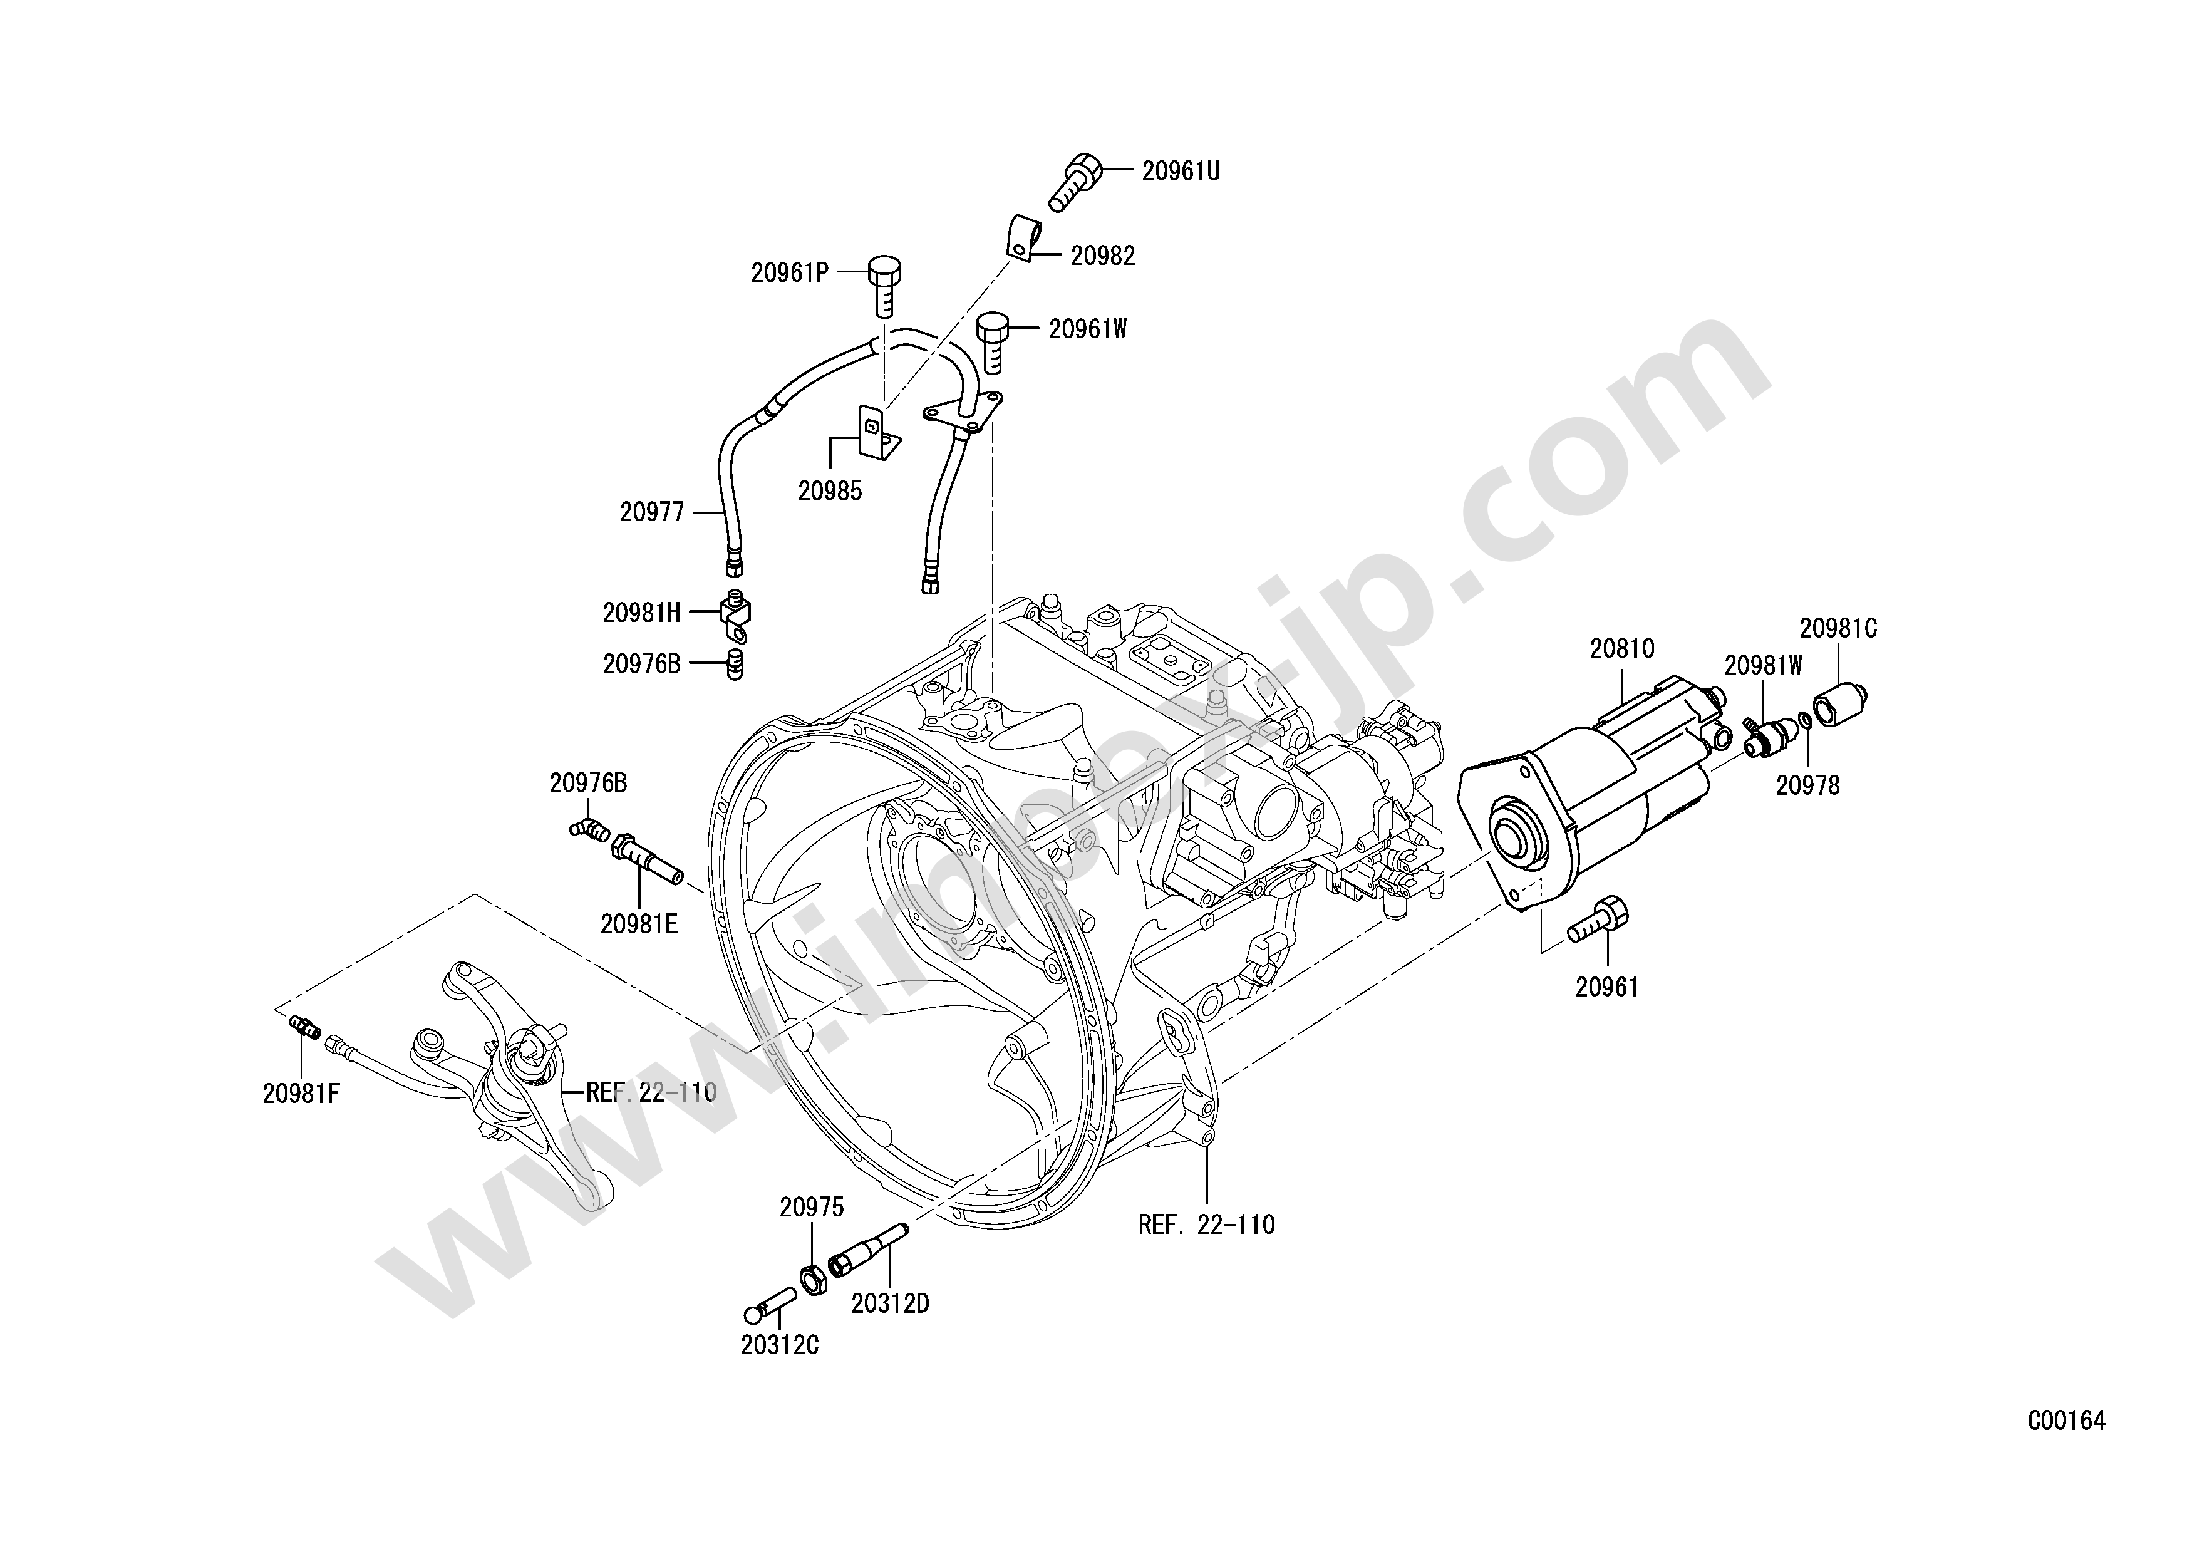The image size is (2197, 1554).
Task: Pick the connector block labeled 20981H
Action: (735, 614)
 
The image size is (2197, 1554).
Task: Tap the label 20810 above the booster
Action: (1622, 649)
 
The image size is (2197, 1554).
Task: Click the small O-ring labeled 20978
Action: (1803, 720)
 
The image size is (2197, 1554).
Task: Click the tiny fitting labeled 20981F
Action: (304, 1028)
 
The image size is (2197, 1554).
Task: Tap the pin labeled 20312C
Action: (771, 1306)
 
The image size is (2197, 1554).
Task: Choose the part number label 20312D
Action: (890, 1303)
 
